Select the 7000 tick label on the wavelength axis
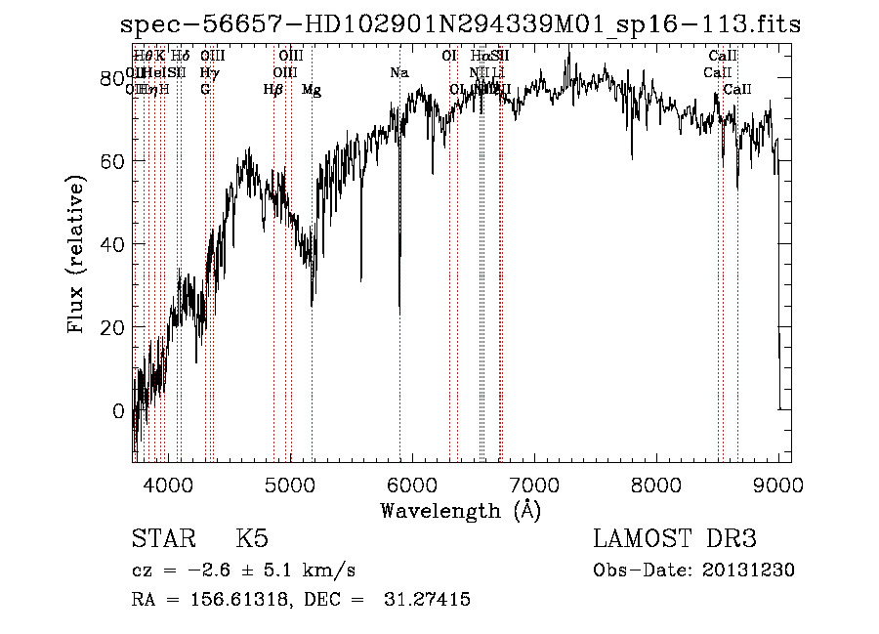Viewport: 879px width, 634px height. pyautogui.click(x=534, y=485)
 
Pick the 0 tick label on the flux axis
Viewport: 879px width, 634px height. pyautogui.click(x=119, y=410)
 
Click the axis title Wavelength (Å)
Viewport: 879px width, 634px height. pyautogui.click(x=460, y=510)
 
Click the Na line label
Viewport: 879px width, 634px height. pyautogui.click(x=398, y=73)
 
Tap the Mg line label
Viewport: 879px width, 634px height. pyautogui.click(x=312, y=90)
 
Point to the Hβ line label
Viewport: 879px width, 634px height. pyautogui.click(x=272, y=90)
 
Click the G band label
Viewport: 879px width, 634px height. pyautogui.click(x=205, y=90)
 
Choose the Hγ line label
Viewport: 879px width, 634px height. pyautogui.click(x=208, y=73)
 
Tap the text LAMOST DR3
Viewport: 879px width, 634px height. pyautogui.click(x=675, y=540)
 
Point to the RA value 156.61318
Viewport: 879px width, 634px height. pyautogui.click(x=230, y=600)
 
